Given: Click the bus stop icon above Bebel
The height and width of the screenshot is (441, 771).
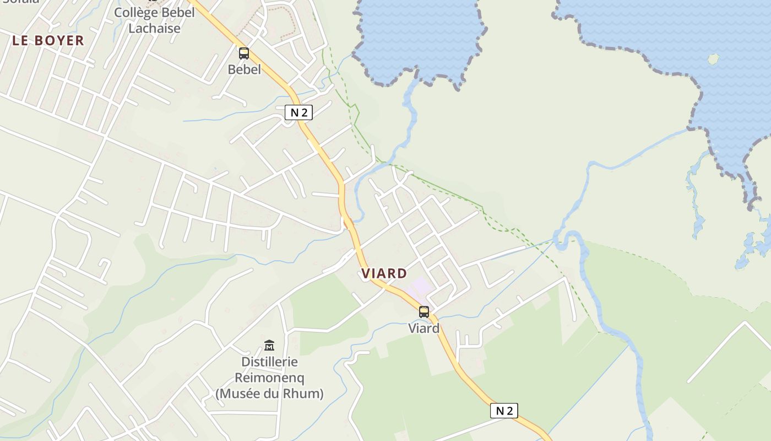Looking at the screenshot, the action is [x=243, y=53].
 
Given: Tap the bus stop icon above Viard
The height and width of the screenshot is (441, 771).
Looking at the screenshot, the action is [x=423, y=312].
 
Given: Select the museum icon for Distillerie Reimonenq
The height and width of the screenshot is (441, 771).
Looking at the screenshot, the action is [x=269, y=346].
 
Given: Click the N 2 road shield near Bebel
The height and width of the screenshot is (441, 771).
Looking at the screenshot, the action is [x=298, y=112].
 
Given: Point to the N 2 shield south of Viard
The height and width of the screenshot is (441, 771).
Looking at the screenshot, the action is [x=504, y=411].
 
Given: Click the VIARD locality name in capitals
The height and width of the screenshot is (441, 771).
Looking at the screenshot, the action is [x=384, y=273].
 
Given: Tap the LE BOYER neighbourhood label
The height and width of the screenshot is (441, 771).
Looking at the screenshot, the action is [x=48, y=40].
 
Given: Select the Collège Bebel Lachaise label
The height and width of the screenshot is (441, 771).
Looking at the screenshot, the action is [x=155, y=20].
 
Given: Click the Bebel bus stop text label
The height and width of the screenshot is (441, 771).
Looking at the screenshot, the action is [x=244, y=69].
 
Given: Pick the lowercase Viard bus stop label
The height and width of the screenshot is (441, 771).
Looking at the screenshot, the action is [x=423, y=329].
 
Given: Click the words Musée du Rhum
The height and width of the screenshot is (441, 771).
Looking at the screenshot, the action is [x=269, y=394].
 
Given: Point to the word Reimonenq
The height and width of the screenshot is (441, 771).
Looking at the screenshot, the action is [x=269, y=378].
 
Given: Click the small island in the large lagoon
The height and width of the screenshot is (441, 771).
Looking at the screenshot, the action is [x=713, y=58].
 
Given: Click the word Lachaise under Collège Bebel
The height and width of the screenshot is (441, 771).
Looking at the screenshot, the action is [x=155, y=28].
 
